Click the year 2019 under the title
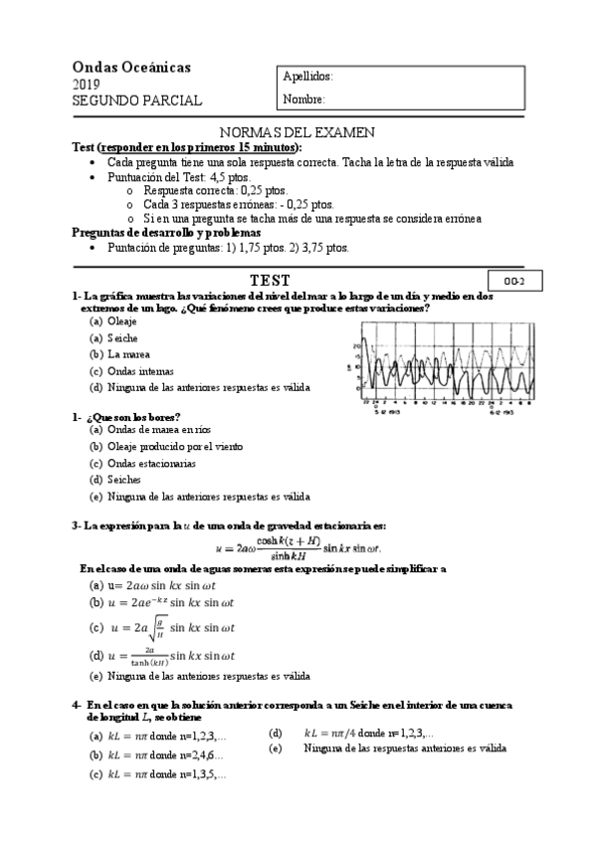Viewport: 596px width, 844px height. pyautogui.click(x=87, y=85)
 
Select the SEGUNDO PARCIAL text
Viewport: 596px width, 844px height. pyautogui.click(x=137, y=101)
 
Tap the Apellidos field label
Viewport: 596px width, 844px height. pyautogui.click(x=307, y=78)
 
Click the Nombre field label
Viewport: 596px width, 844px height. pyautogui.click(x=303, y=100)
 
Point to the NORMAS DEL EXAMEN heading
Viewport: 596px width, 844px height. pyautogui.click(x=298, y=132)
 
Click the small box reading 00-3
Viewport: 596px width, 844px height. pyautogui.click(x=514, y=282)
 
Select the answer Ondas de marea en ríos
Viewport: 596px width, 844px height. pyautogui.click(x=153, y=431)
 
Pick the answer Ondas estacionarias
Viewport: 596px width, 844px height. pyautogui.click(x=151, y=463)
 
